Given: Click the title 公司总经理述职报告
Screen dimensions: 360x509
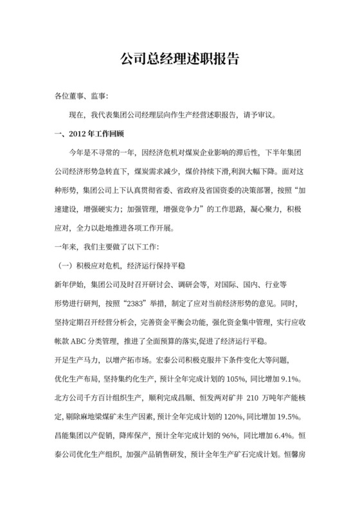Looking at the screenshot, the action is tap(180, 58).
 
